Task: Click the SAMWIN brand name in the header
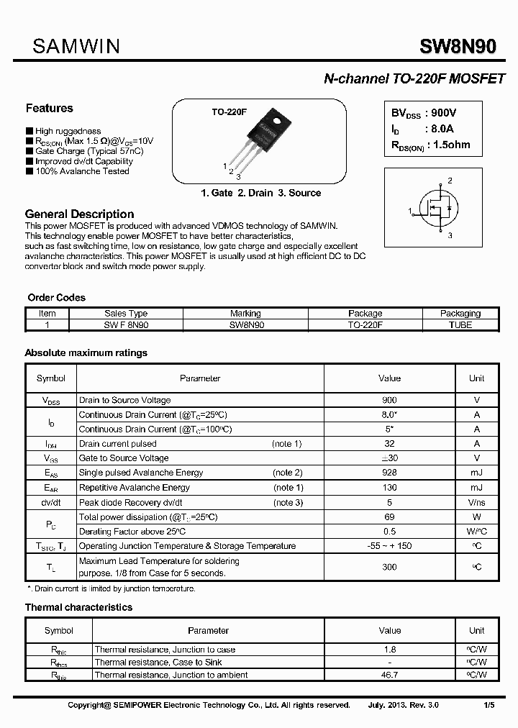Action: pos(77,47)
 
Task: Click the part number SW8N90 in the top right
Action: pos(458,47)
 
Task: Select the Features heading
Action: pos(49,109)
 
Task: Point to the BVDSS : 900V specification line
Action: pos(423,113)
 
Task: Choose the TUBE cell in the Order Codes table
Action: pos(460,325)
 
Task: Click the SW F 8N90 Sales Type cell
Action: pos(126,325)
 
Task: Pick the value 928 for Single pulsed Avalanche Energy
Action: pos(389,473)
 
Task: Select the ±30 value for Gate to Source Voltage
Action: pos(389,458)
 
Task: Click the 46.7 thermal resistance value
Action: pos(389,675)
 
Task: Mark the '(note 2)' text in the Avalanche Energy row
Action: pos(287,473)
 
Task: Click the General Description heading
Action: pos(79,214)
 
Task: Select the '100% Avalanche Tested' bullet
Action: pos(81,171)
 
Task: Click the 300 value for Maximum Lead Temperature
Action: pos(389,567)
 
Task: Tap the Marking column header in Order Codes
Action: pos(245,314)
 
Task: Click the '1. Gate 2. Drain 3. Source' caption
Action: pos(260,193)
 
